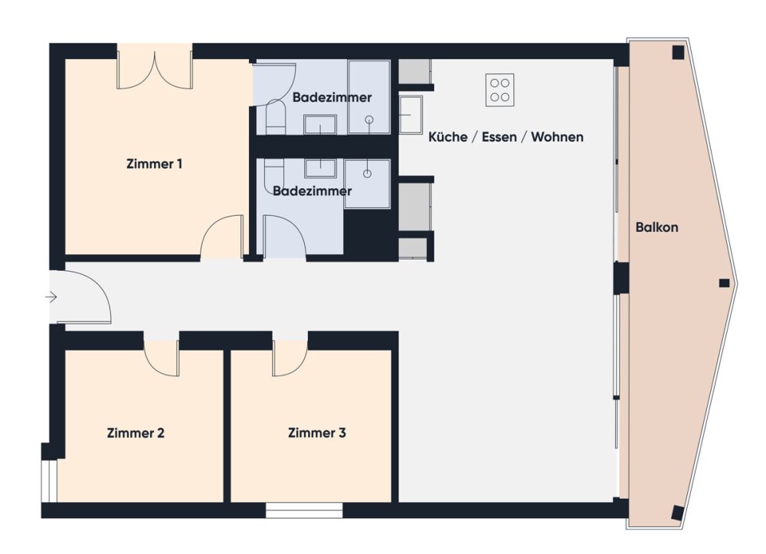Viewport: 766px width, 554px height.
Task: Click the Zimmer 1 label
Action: click(154, 164)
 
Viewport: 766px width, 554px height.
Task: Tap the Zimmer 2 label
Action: click(136, 433)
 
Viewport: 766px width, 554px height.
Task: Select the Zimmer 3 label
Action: click(317, 433)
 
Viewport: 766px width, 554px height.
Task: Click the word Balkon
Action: click(657, 227)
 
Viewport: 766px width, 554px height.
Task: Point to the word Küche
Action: click(446, 138)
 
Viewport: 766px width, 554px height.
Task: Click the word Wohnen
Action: click(558, 138)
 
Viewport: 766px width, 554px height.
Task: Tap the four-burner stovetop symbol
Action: click(500, 90)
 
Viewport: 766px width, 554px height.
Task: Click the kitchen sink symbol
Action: click(411, 115)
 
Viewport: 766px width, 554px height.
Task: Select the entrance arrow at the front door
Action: click(52, 297)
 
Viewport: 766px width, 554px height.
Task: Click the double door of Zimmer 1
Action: click(155, 69)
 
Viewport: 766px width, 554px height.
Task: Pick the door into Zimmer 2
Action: click(162, 355)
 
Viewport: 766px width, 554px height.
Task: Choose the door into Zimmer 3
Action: click(290, 357)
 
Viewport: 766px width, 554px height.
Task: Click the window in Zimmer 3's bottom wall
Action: click(304, 510)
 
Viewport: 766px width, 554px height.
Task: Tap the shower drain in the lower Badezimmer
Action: click(367, 174)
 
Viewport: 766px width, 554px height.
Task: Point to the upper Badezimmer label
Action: click(332, 98)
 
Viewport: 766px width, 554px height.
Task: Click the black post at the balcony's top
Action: click(678, 52)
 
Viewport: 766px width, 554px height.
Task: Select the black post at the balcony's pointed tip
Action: click(725, 283)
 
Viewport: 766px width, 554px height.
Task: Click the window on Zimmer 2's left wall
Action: click(49, 481)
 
